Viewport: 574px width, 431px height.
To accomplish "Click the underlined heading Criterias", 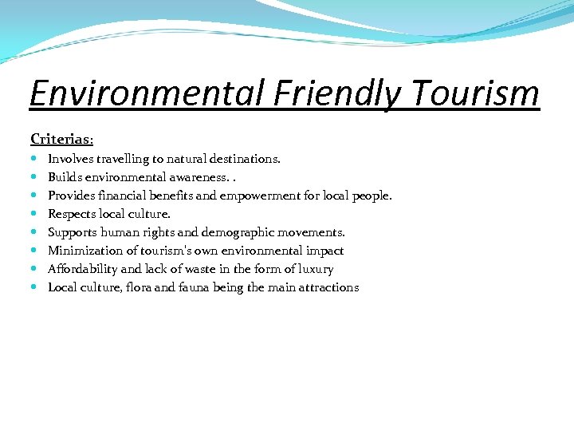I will tap(61, 139).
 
